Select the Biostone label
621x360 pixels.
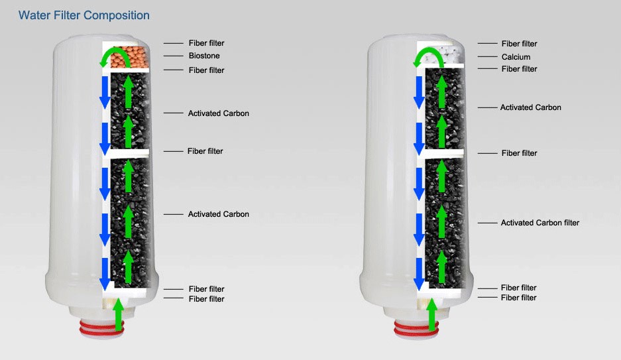(x=204, y=56)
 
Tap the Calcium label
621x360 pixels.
(x=516, y=57)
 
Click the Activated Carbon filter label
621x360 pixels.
(x=539, y=223)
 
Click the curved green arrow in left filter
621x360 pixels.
(x=112, y=56)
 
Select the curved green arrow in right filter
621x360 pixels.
(x=427, y=56)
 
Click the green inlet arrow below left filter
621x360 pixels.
(x=119, y=314)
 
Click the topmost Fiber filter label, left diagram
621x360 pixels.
(x=206, y=43)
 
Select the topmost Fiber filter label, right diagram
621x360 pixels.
(x=519, y=44)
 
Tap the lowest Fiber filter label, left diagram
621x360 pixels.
(x=206, y=299)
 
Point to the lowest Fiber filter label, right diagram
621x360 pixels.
(x=518, y=298)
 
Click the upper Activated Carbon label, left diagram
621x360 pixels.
(x=218, y=113)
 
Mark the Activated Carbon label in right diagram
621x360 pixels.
(x=530, y=107)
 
